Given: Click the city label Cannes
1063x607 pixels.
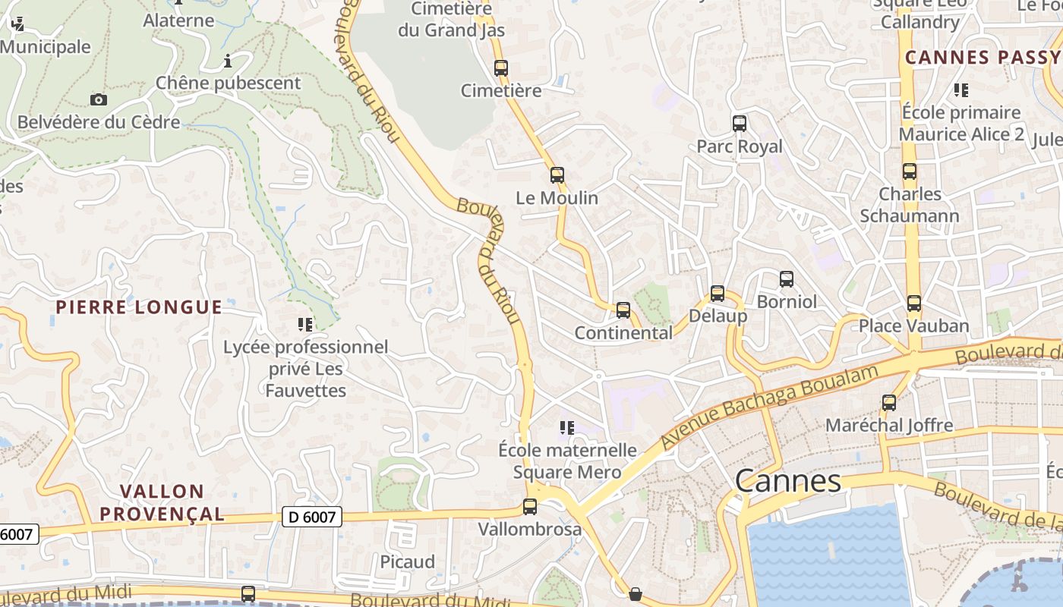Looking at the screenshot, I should [788, 481].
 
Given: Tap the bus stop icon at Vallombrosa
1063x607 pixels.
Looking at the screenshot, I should [530, 506].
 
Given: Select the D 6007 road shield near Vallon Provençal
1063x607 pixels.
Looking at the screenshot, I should [312, 517].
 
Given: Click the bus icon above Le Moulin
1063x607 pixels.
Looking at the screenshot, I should [557, 175].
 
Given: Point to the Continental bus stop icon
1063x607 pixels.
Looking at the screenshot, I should [623, 310].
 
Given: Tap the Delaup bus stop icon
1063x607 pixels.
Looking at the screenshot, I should [718, 293].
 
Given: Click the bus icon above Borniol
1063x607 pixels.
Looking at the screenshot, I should [787, 278].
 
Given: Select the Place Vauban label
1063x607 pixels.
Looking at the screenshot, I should [913, 326].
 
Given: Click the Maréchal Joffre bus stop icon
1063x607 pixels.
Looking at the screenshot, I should [889, 402].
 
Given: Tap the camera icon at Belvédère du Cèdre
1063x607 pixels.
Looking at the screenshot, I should [98, 99].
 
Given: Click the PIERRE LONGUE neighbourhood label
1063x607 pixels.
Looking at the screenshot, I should [139, 307].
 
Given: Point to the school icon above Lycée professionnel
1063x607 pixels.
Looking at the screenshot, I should [305, 325].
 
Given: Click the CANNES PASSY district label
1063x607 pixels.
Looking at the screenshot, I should [982, 58].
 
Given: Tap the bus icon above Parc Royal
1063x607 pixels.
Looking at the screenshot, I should [740, 123].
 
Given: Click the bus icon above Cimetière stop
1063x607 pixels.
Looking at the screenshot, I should [501, 68].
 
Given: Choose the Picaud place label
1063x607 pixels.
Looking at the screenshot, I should [408, 562].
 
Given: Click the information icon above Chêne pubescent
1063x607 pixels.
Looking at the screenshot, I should [227, 61].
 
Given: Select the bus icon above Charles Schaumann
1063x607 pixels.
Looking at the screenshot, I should [910, 171].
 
